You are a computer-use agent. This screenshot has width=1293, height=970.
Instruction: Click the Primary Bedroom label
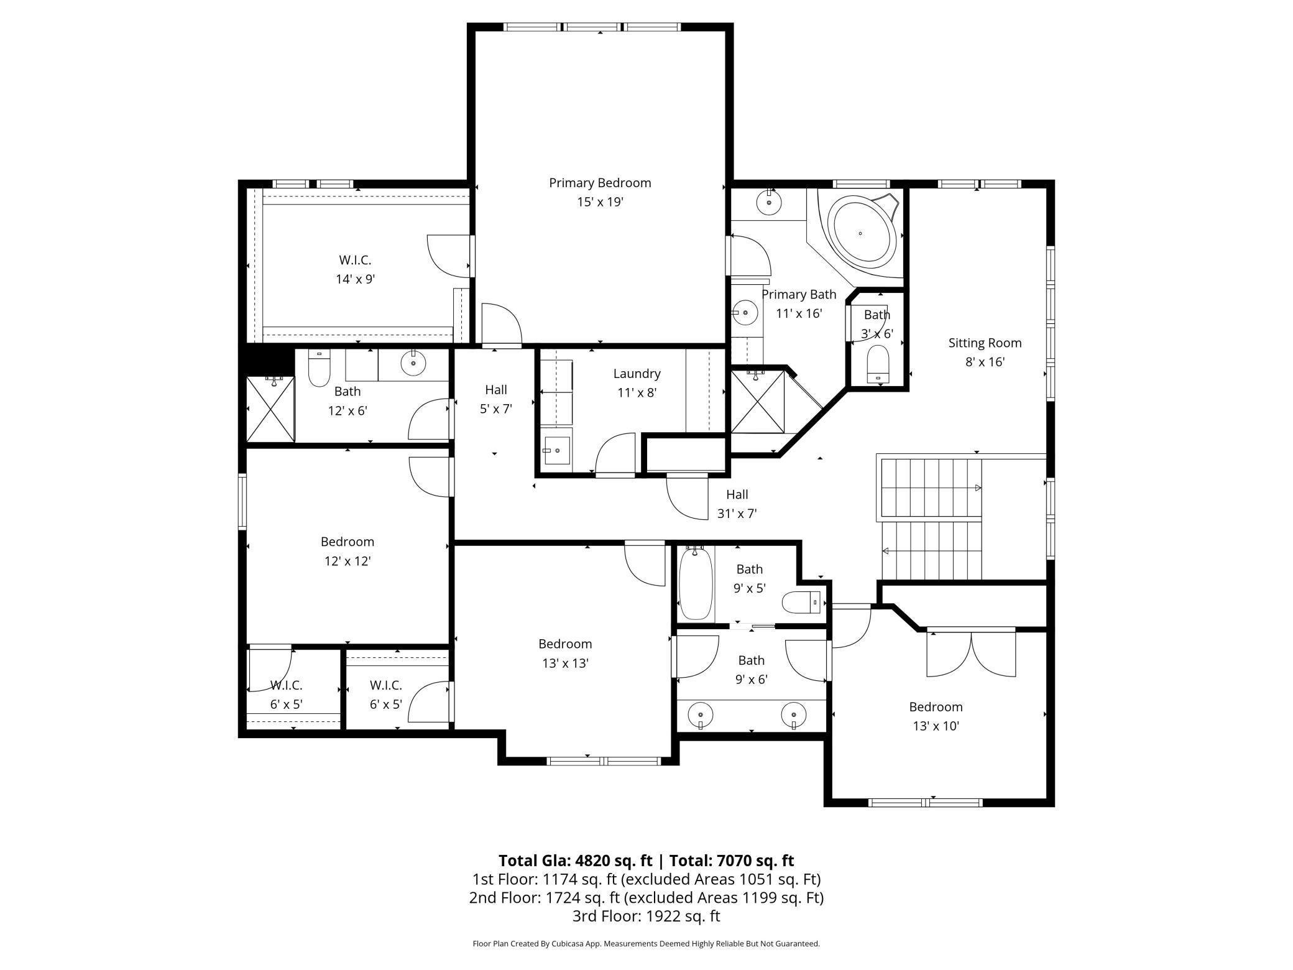point(599,183)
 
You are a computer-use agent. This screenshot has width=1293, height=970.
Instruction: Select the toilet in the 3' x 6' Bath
point(878,364)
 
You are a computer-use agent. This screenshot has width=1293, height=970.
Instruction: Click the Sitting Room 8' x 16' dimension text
point(985,362)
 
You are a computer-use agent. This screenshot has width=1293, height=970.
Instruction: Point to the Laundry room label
point(637,374)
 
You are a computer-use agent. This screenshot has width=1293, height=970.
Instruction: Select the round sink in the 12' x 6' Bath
point(413,363)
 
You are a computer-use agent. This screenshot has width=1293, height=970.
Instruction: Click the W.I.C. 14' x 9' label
point(355,269)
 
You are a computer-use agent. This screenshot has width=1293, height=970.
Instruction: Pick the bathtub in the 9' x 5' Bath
point(694,584)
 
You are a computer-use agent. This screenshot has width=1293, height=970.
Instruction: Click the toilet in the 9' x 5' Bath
point(803,602)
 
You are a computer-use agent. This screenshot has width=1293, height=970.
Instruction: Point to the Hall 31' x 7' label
point(737,504)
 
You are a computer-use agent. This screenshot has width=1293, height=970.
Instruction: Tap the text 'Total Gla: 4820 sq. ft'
point(575,861)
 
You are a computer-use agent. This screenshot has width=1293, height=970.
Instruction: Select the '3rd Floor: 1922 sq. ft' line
point(646,916)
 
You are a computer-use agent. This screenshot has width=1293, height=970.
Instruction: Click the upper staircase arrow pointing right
point(978,487)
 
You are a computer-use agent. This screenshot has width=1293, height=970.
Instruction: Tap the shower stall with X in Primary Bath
point(757,402)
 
